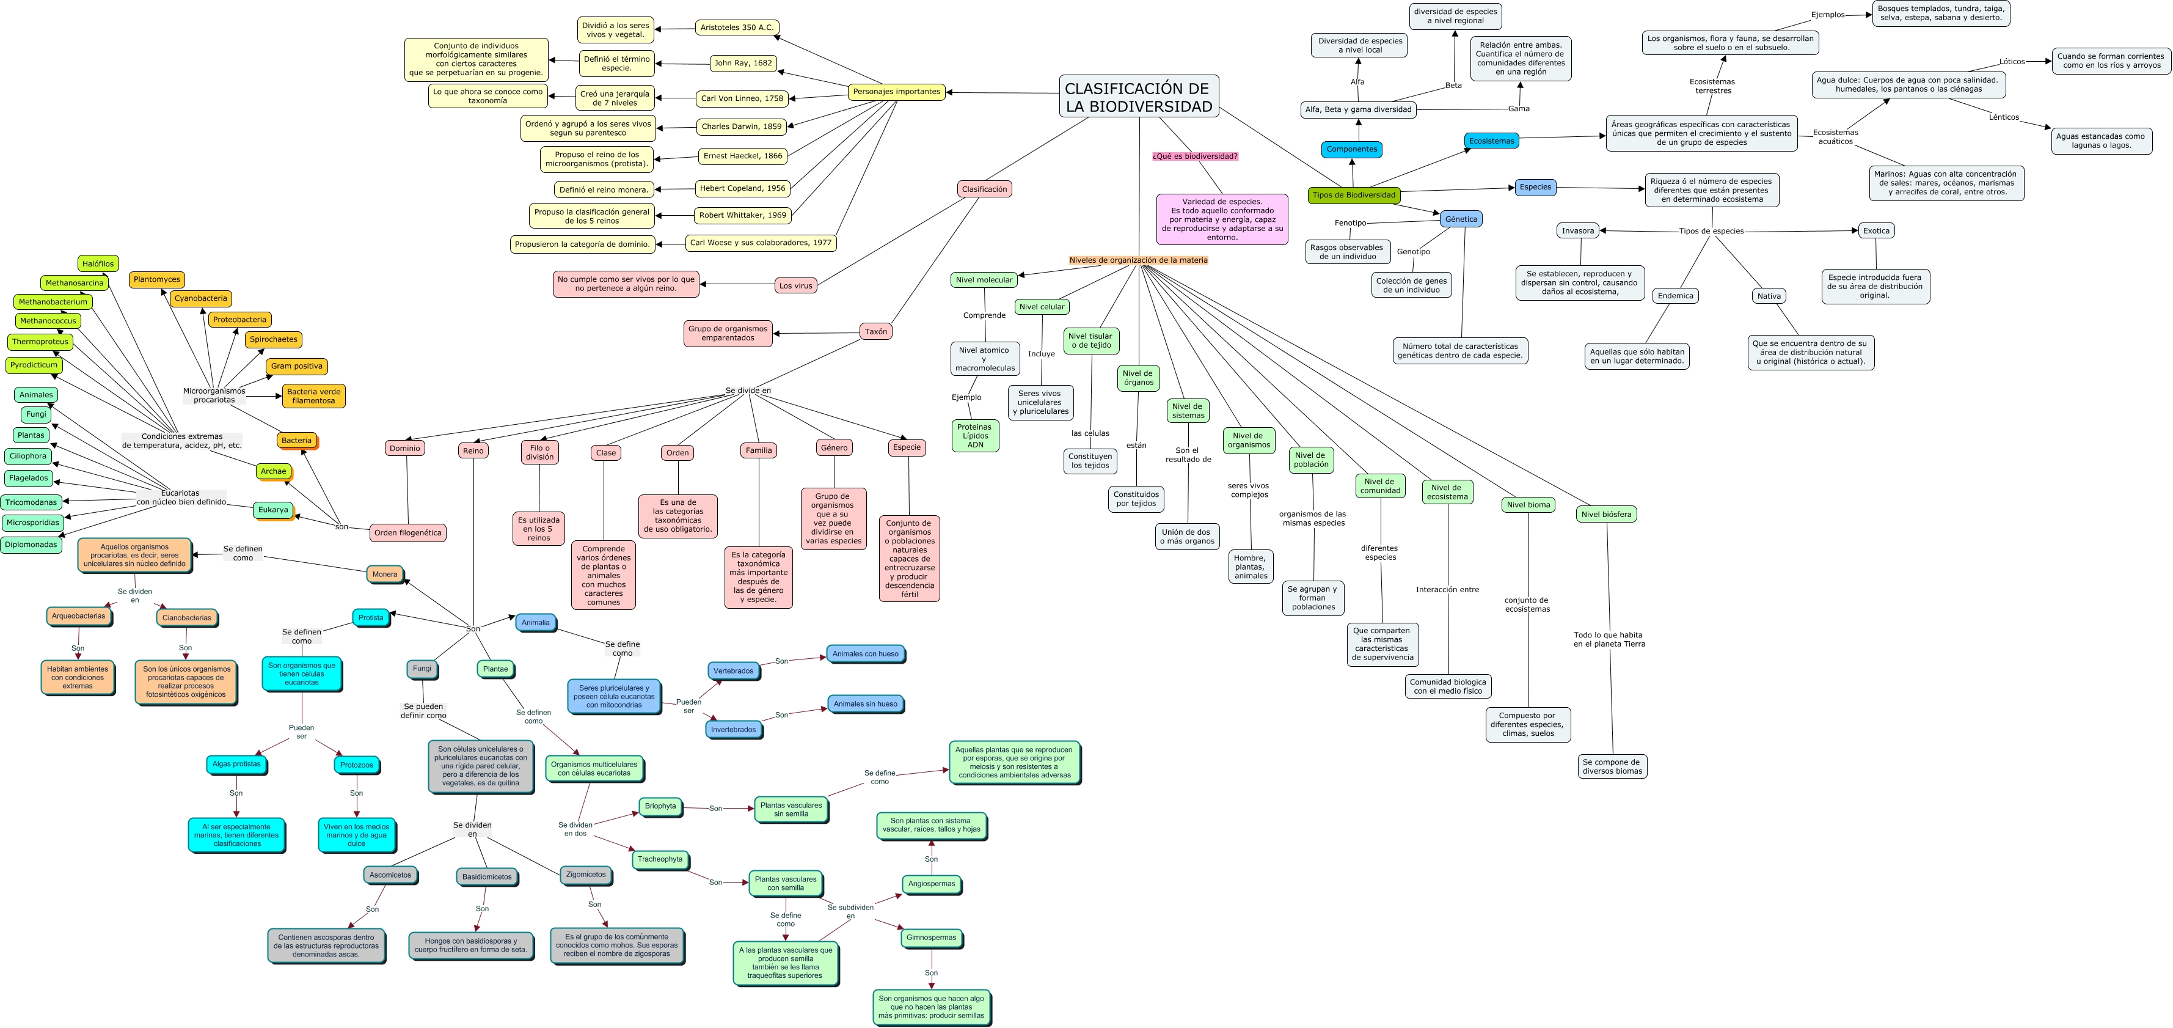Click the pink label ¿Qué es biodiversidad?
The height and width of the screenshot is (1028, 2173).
(1194, 156)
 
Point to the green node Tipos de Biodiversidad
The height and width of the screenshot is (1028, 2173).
(1354, 196)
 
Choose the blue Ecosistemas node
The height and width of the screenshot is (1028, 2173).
(1491, 141)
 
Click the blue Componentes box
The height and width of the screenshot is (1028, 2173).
(1351, 149)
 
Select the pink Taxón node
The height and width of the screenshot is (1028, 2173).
(875, 332)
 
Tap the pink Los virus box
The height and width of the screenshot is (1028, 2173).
(795, 286)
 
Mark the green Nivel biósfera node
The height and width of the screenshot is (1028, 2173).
(1606, 514)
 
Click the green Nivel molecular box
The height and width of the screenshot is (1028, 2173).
(984, 280)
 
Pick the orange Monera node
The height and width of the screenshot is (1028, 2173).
(385, 574)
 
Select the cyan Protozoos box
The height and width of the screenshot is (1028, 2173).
(356, 765)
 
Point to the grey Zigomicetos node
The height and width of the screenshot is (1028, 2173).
(585, 875)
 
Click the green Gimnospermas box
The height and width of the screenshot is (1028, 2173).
(931, 938)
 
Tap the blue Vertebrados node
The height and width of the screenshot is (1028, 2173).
(733, 671)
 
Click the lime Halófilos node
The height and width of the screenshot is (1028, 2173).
(98, 264)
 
